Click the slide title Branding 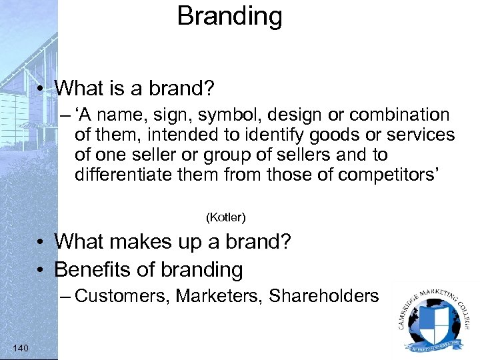point(229,16)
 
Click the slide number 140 point(21,347)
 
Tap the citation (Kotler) point(226,217)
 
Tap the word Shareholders point(324,296)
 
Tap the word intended point(175,135)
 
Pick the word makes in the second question point(129,241)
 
